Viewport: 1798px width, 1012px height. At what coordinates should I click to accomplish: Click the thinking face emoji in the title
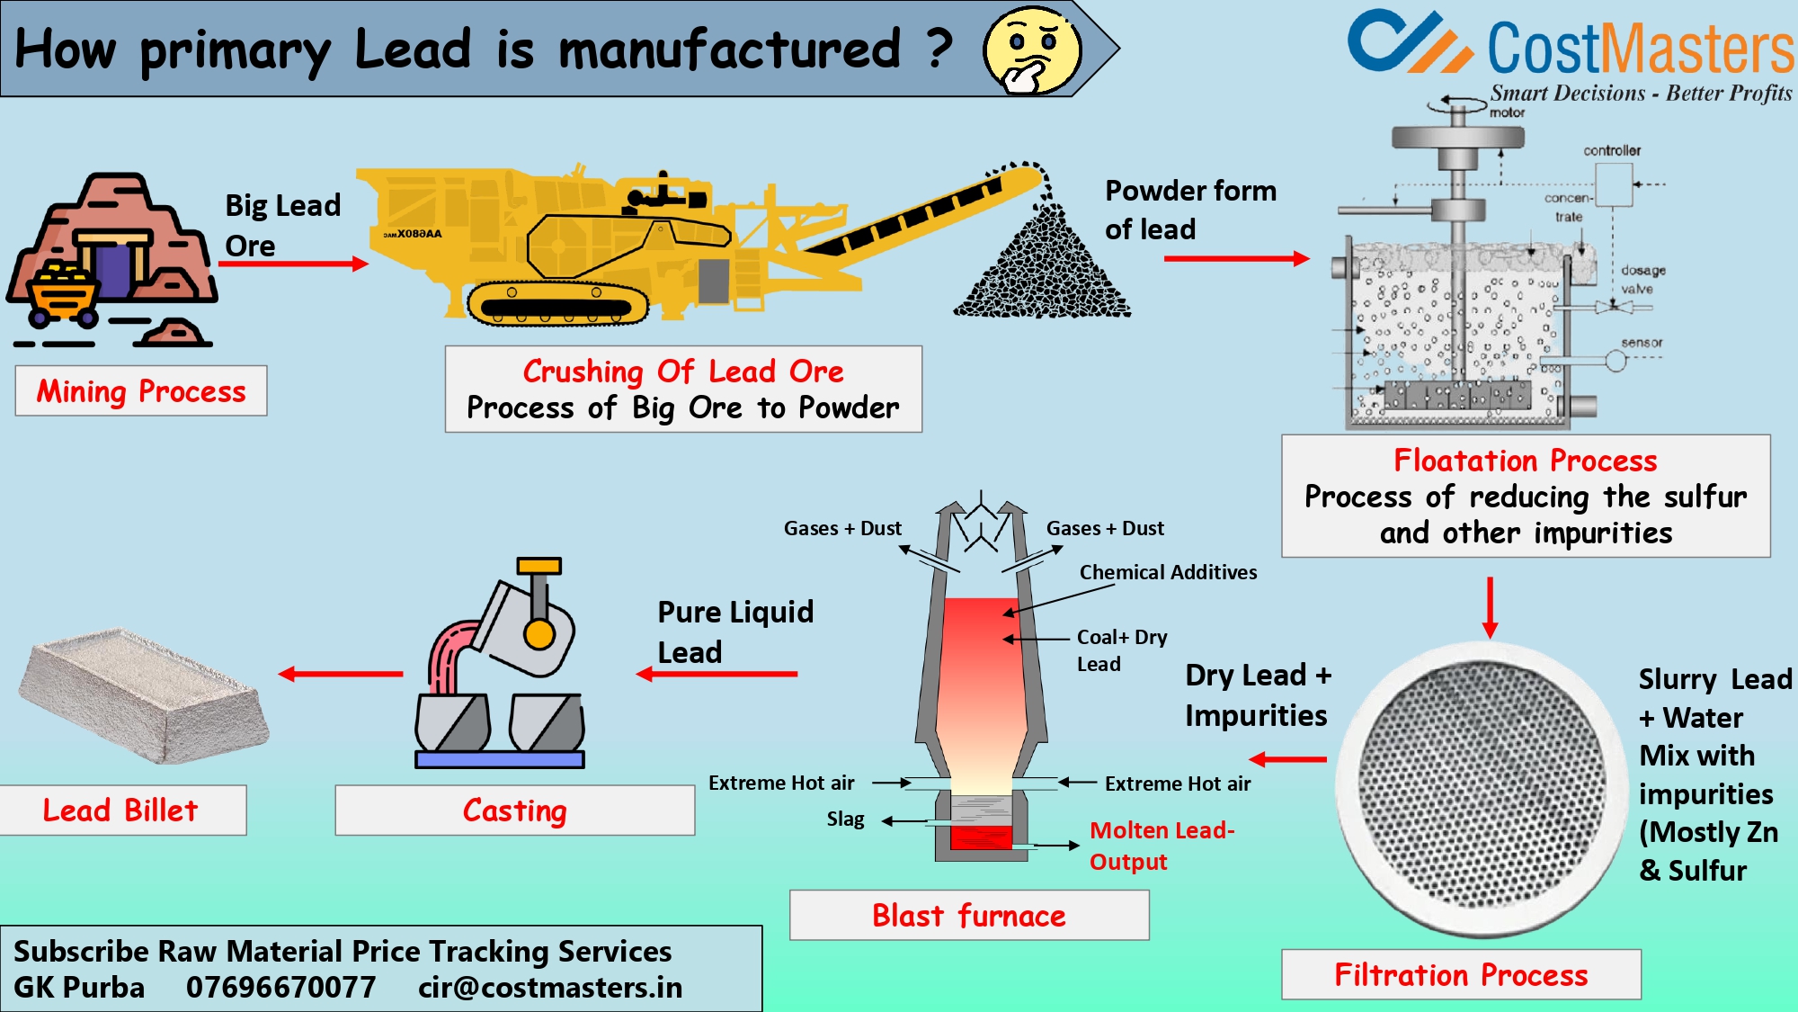click(x=1032, y=50)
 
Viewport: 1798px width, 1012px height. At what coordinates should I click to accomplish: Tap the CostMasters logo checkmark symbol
click(x=1408, y=42)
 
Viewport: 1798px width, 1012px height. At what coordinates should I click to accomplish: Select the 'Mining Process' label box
click(x=141, y=391)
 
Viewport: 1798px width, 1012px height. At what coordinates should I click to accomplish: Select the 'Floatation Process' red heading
click(x=1525, y=461)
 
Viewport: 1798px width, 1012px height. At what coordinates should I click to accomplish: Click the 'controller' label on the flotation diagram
click(x=1612, y=150)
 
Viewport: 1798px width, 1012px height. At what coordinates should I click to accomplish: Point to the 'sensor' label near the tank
click(x=1642, y=343)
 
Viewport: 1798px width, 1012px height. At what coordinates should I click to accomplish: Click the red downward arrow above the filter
click(x=1490, y=607)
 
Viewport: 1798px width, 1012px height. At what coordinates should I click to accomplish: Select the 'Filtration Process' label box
click(x=1461, y=974)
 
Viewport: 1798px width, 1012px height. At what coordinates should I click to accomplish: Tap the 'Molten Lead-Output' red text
click(x=1161, y=846)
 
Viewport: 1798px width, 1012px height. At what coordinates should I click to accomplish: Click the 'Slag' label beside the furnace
click(x=845, y=819)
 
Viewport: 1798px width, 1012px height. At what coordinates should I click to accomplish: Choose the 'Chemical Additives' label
click(x=1168, y=572)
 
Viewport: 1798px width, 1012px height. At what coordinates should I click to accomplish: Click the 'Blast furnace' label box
click(x=969, y=916)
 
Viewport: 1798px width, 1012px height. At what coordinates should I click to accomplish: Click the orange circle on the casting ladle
click(x=539, y=634)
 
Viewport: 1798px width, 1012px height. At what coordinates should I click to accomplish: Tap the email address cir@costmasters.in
click(x=550, y=988)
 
